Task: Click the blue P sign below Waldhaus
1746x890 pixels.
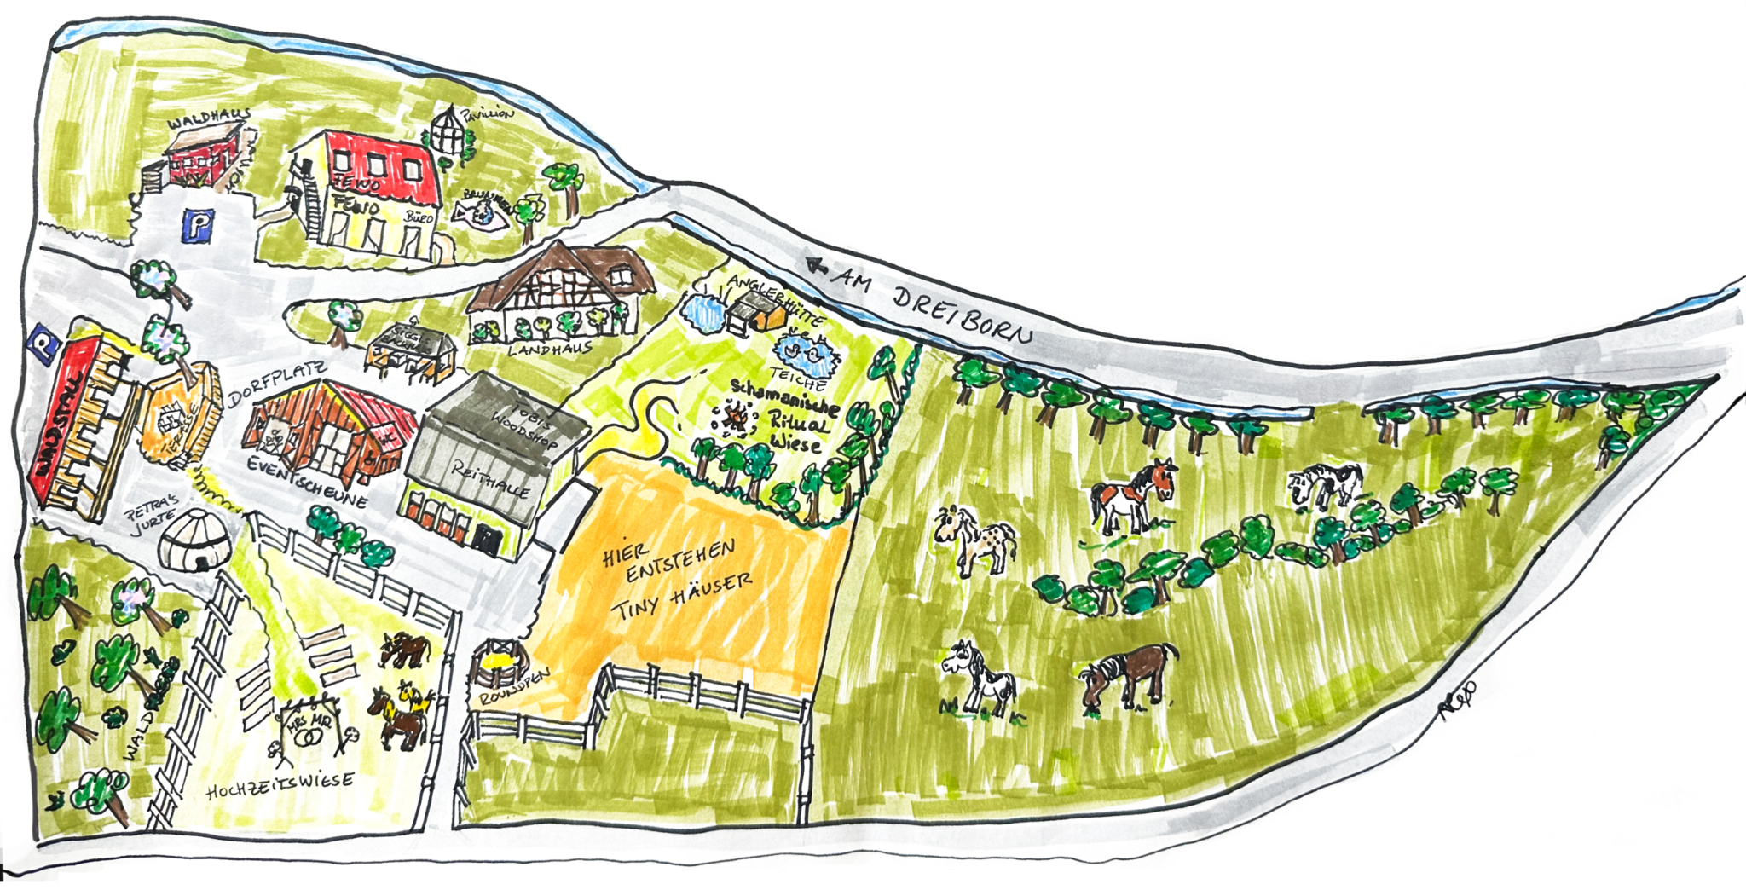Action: (x=198, y=227)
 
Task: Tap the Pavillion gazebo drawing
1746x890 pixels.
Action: (x=449, y=135)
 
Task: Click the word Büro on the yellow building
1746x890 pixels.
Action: (x=419, y=218)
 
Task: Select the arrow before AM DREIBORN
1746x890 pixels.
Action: (x=818, y=266)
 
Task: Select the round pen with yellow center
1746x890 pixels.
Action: (x=496, y=664)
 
